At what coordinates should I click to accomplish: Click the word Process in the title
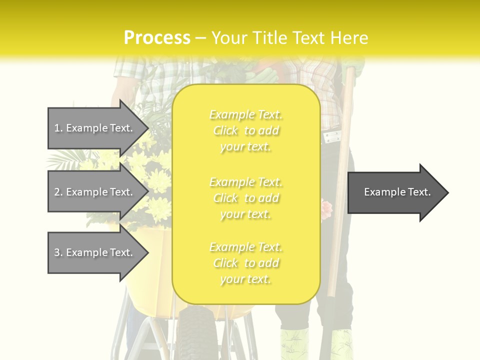pyautogui.click(x=157, y=38)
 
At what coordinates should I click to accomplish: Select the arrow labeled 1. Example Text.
pyautogui.click(x=95, y=128)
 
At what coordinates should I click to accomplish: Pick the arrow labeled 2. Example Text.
pyautogui.click(x=95, y=192)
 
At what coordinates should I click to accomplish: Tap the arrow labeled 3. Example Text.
pyautogui.click(x=95, y=252)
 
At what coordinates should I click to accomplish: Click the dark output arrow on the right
pyautogui.click(x=395, y=192)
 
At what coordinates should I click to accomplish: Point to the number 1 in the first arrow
pyautogui.click(x=57, y=128)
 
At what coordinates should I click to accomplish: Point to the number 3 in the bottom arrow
pyautogui.click(x=57, y=252)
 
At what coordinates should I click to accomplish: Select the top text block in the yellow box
pyautogui.click(x=245, y=130)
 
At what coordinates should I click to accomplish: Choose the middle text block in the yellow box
pyautogui.click(x=245, y=198)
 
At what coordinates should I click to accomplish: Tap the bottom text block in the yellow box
pyautogui.click(x=245, y=263)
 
